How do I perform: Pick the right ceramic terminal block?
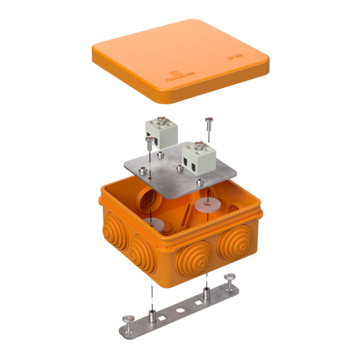pyautogui.click(x=197, y=160)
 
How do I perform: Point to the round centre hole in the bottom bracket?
pyautogui.click(x=178, y=311)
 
